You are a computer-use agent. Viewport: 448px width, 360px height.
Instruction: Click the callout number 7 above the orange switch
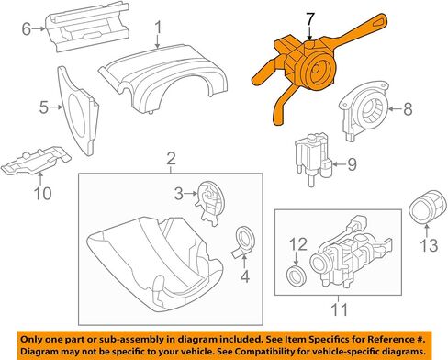click(x=310, y=18)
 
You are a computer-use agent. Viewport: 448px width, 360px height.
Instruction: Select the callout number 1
click(x=158, y=27)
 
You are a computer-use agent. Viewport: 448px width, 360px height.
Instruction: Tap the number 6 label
click(x=27, y=29)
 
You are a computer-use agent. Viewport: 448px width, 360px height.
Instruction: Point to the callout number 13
click(x=429, y=245)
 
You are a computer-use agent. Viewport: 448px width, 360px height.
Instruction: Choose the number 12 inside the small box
click(x=298, y=244)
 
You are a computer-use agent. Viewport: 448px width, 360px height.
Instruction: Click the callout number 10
click(x=42, y=193)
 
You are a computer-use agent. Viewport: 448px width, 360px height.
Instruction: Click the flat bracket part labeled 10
click(x=36, y=161)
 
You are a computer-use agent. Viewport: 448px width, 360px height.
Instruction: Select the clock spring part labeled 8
click(x=363, y=109)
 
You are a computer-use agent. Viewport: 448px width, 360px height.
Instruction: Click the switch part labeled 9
click(x=314, y=158)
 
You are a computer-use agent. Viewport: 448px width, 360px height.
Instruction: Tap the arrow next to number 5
click(x=57, y=107)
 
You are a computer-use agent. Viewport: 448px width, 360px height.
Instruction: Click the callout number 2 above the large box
click(x=171, y=159)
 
